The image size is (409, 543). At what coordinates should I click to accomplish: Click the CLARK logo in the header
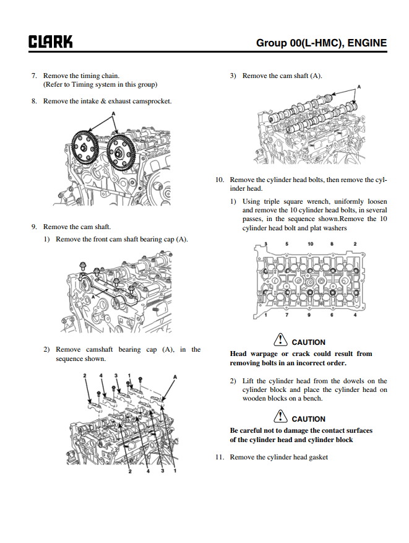tap(50, 42)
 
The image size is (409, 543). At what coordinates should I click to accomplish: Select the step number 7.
tap(34, 76)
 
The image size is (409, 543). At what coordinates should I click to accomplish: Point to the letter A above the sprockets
tap(114, 114)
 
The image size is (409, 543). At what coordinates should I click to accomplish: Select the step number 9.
tap(34, 227)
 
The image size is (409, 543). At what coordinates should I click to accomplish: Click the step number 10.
tap(219, 180)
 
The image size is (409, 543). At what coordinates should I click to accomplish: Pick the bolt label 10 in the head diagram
tap(311, 244)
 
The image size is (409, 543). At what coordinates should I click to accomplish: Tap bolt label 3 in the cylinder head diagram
tap(265, 244)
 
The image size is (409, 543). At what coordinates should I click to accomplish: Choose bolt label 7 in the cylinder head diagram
tap(286, 316)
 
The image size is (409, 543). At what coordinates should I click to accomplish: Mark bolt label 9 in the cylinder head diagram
tap(309, 316)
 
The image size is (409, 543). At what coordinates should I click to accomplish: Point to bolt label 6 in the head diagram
tap(332, 316)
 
